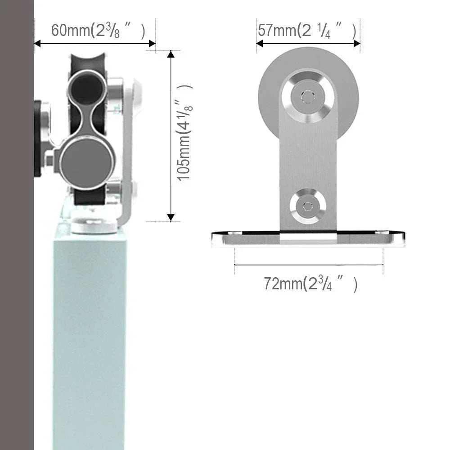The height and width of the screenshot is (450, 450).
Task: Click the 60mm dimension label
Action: click(x=98, y=31)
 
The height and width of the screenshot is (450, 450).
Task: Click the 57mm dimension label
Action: click(x=307, y=31)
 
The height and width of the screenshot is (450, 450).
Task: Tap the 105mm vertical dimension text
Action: click(x=184, y=133)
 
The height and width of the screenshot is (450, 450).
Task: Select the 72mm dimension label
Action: click(x=310, y=284)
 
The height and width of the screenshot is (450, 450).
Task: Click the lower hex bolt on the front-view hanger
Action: click(x=308, y=206)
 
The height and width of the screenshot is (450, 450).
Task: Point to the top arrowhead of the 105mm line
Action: click(x=171, y=54)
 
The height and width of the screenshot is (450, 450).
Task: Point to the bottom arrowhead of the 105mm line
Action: click(x=171, y=217)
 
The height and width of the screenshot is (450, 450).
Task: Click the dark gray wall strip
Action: click(x=17, y=225)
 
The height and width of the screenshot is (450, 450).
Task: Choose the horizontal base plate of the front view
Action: click(x=308, y=238)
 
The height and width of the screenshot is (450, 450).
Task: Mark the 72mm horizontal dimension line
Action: click(x=308, y=265)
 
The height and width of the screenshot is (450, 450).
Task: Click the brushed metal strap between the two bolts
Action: click(x=308, y=153)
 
